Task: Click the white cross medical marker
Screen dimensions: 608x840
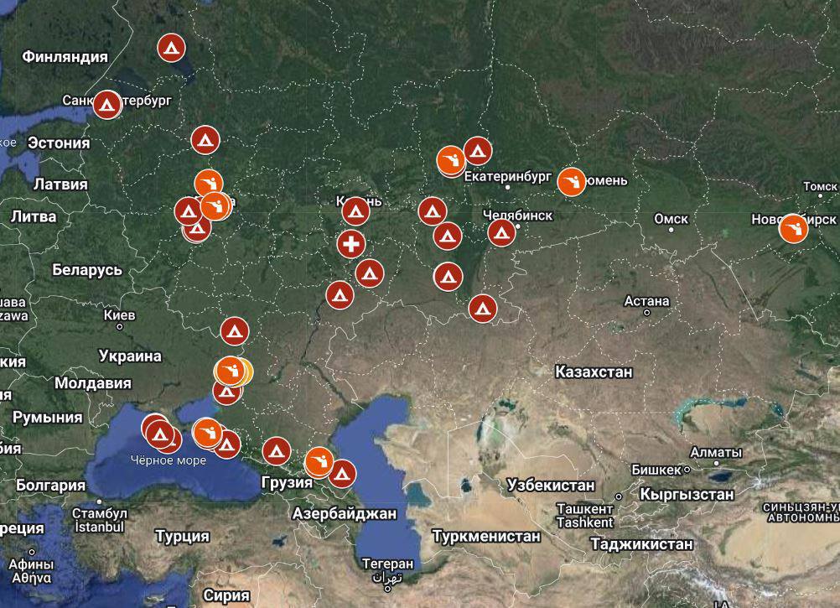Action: click(351, 245)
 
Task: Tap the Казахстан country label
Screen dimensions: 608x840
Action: click(594, 372)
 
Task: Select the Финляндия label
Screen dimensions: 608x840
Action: click(65, 57)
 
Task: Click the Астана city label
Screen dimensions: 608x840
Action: click(646, 301)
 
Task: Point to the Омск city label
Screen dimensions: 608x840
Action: click(671, 219)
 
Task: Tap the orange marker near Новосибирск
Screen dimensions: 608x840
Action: click(792, 228)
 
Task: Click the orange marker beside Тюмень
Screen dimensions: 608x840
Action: click(572, 181)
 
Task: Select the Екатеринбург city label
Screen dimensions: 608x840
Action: click(507, 177)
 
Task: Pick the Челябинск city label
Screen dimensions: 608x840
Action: click(518, 216)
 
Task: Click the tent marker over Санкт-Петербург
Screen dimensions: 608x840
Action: click(106, 105)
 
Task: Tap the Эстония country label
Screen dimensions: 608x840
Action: click(59, 143)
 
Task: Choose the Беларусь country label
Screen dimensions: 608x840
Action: click(87, 270)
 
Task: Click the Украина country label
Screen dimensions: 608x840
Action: click(130, 356)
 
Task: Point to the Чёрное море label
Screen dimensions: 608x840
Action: click(168, 460)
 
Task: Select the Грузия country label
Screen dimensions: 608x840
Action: click(287, 482)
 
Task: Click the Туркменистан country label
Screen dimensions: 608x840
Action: click(486, 535)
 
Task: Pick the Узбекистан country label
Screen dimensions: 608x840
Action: click(551, 485)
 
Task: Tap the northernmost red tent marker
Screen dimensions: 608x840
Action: click(172, 48)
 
